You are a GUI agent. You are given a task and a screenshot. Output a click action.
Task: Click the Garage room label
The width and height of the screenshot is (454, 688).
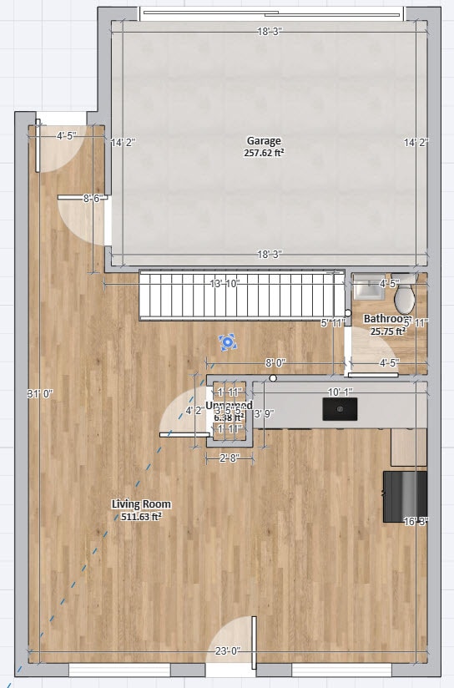click(x=264, y=141)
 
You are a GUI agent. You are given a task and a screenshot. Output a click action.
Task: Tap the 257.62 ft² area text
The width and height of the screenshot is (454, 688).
click(x=264, y=154)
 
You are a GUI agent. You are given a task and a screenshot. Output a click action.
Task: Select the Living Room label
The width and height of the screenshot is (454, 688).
click(x=142, y=504)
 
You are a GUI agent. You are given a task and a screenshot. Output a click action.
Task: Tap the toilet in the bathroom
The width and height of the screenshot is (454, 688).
click(x=405, y=298)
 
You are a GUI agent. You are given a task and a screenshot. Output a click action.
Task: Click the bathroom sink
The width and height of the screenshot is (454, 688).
click(x=366, y=289)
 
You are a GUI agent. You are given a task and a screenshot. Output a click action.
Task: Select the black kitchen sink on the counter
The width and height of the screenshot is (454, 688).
click(x=340, y=408)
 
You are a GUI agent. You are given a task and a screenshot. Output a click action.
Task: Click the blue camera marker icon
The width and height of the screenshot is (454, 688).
click(x=227, y=341)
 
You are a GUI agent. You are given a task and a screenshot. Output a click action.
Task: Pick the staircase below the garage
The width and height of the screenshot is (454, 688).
click(x=241, y=294)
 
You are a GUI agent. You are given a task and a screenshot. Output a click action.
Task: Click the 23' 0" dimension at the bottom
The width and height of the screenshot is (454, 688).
click(x=227, y=651)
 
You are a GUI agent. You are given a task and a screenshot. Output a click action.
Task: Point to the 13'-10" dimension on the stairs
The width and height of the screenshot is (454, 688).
click(x=224, y=284)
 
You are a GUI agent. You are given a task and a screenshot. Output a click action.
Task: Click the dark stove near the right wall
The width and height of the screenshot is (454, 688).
click(x=405, y=497)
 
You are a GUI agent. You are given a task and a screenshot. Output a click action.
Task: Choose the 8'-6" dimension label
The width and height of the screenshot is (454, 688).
click(x=93, y=199)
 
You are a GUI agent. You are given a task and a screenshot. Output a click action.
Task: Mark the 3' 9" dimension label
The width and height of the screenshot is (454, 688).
click(x=264, y=412)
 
